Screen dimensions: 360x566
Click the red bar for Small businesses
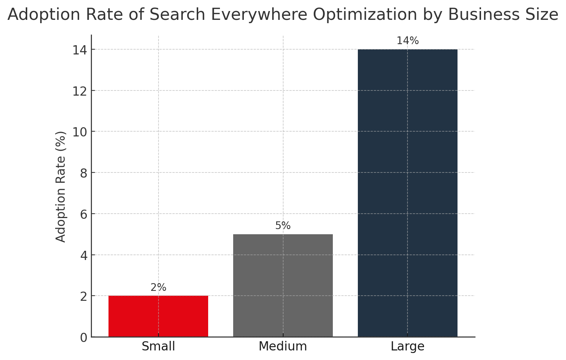tap(158, 316)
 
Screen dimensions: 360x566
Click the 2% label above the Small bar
tap(158, 288)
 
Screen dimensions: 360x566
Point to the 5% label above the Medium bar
tap(283, 226)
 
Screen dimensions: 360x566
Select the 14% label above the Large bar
tap(407, 41)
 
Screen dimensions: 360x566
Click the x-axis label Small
tap(158, 346)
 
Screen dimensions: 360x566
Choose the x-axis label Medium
tap(283, 346)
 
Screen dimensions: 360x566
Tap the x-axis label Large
tap(407, 346)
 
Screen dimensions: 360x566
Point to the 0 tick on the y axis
tap(83, 338)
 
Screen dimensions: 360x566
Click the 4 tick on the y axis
tap(83, 255)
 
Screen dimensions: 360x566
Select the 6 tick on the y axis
tap(83, 214)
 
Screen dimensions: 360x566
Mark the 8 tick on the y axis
tap(83, 173)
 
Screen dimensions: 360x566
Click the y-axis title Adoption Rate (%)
tap(61, 186)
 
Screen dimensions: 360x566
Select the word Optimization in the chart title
tap(365, 15)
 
